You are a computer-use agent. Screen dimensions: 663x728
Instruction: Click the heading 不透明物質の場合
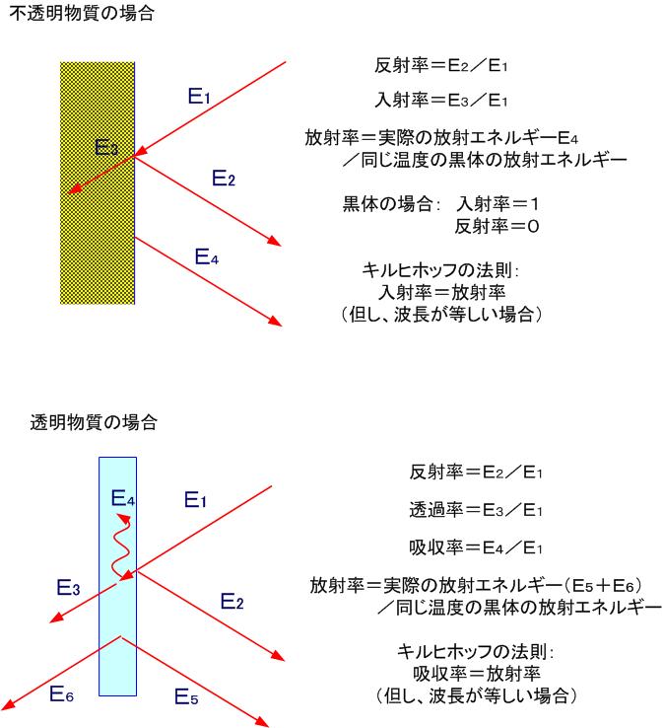pos(82,14)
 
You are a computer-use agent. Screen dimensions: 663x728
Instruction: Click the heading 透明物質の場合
pos(94,422)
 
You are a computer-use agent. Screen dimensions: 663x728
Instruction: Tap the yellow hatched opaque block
pos(98,182)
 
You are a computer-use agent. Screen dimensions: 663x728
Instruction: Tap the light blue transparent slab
pos(118,576)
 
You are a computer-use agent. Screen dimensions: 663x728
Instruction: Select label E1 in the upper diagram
pos(199,96)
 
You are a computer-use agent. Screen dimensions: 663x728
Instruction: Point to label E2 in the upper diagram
pos(224,179)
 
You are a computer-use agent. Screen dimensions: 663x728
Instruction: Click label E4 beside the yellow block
pos(206,256)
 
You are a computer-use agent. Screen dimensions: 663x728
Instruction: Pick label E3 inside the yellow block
pos(106,147)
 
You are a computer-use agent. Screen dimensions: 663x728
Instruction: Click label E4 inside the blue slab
pos(123,498)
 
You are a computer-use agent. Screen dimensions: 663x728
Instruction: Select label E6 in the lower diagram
pos(61,694)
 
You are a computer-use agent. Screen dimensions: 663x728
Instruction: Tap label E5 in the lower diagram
pos(186,696)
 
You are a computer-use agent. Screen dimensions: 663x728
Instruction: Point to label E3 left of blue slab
pos(68,587)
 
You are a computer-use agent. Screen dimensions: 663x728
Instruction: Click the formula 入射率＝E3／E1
pos(441,100)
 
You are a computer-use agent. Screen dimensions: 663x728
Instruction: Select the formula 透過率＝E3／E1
pos(476,510)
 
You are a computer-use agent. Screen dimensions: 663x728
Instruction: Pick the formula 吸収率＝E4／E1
pos(476,547)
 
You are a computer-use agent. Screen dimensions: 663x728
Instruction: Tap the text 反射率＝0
pos(497,226)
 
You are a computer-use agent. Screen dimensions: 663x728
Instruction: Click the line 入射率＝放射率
pos(442,292)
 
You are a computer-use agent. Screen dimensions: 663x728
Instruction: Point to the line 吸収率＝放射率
pos(476,674)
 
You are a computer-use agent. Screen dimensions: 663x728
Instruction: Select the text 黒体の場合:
pos(391,203)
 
